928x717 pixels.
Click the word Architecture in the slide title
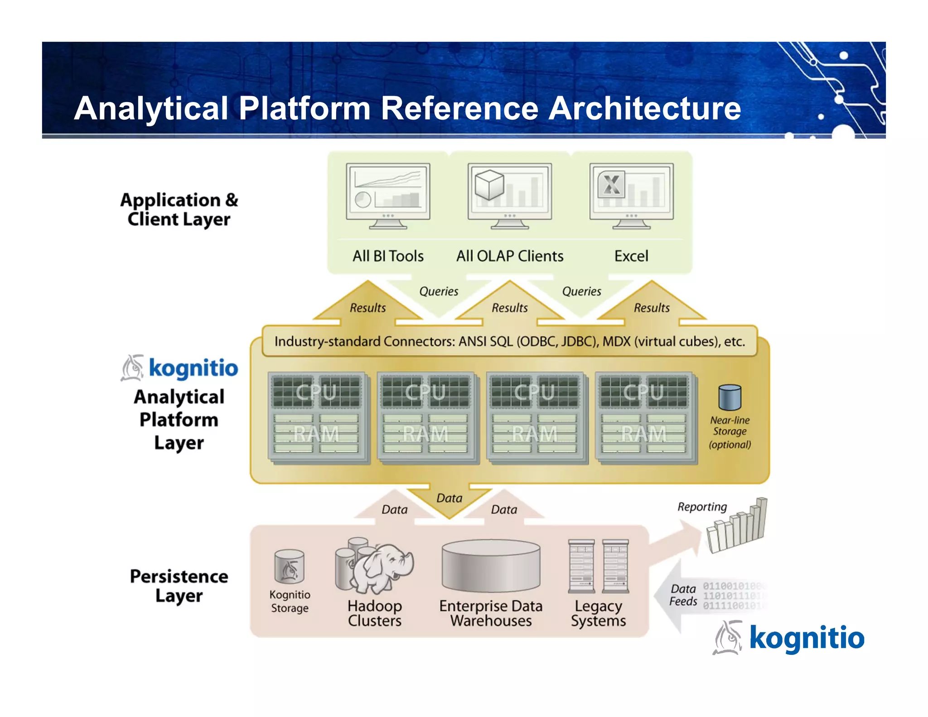pyautogui.click(x=644, y=109)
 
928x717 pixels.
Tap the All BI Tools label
pyautogui.click(x=388, y=256)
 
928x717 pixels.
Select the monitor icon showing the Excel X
pyautogui.click(x=631, y=196)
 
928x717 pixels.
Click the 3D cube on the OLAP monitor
pyautogui.click(x=489, y=185)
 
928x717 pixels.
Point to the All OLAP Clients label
pyautogui.click(x=510, y=256)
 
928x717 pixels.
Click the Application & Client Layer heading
pyautogui.click(x=179, y=209)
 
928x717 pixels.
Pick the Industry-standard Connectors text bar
pyautogui.click(x=509, y=341)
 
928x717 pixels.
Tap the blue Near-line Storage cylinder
pyautogui.click(x=730, y=397)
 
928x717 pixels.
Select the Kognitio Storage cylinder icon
pyautogui.click(x=290, y=567)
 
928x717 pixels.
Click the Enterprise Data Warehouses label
pyautogui.click(x=491, y=613)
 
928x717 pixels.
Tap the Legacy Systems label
pyautogui.click(x=598, y=613)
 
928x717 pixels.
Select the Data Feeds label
pyautogui.click(x=683, y=595)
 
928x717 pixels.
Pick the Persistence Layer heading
pyautogui.click(x=179, y=586)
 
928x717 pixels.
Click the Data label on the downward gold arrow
pyautogui.click(x=449, y=499)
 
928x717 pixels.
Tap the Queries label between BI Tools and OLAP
pyautogui.click(x=438, y=291)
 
